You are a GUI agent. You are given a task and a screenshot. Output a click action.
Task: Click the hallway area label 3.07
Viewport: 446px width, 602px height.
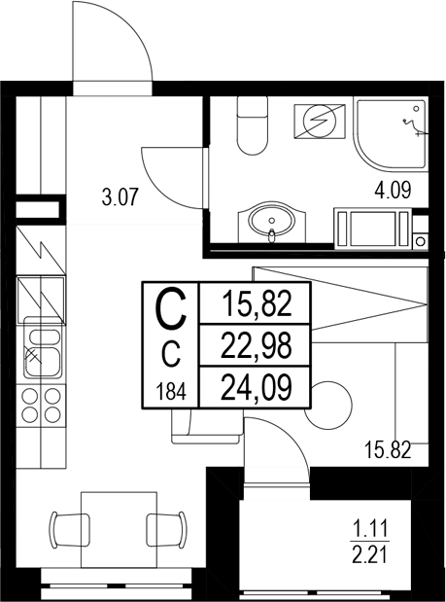pyautogui.click(x=122, y=199)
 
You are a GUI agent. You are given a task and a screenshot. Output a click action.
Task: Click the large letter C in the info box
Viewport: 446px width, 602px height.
pyautogui.click(x=170, y=311)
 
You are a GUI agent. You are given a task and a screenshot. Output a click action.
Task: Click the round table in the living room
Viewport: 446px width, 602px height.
pyautogui.click(x=327, y=402)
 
